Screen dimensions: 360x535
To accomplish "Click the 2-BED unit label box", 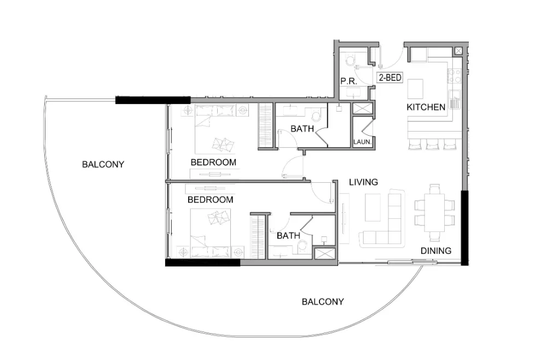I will coord(391,78).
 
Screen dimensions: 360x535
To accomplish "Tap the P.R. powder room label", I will coord(348,81).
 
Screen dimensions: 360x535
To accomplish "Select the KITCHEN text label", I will coord(426,107).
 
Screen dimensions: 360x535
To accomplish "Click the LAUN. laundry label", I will coord(362,142).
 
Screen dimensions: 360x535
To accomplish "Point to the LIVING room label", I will coord(363,182).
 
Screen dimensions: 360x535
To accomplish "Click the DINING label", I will coord(436,251).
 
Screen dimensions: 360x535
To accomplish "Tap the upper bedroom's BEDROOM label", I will coord(213,162).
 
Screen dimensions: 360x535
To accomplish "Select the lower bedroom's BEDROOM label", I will coord(210,200).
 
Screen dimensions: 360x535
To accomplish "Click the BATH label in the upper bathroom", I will coord(302,129).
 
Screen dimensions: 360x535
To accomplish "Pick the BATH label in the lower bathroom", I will coord(288,236).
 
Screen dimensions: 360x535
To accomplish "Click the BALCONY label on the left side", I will coord(103,164).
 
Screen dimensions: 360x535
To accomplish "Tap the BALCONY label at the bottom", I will coord(323,301).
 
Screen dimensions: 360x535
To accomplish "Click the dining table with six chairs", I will coord(435,212).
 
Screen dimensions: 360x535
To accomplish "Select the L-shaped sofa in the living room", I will coord(388,224).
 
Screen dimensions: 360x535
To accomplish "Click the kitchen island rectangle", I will coord(416,88).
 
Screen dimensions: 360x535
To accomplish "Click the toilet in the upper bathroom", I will coord(316,115).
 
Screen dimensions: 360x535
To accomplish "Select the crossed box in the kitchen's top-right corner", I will coord(458,51).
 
